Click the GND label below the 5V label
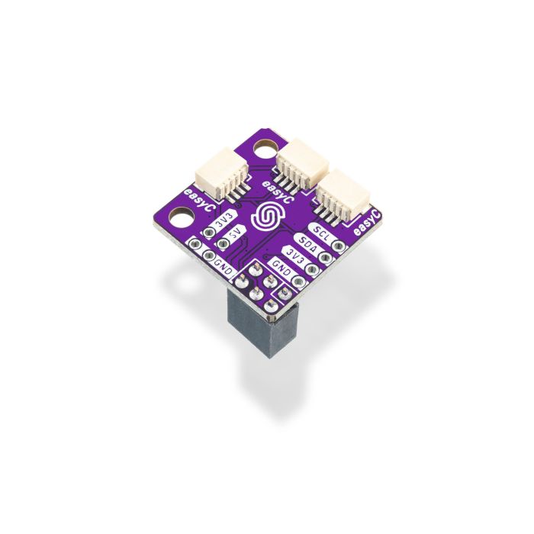click(x=222, y=264)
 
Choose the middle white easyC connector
click(x=301, y=162)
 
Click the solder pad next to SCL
click(x=338, y=246)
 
